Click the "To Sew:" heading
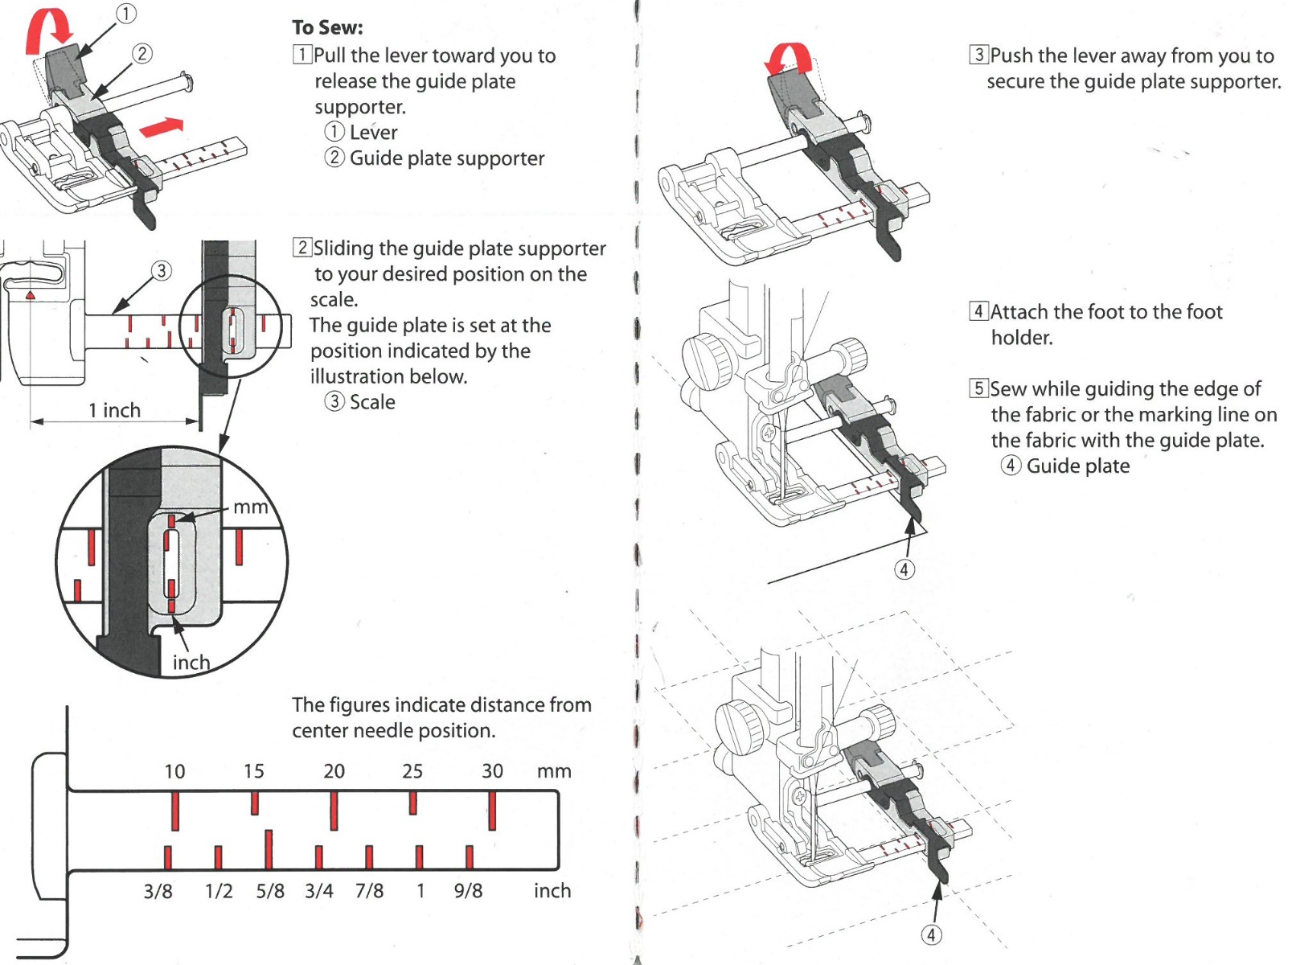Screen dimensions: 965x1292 [x=327, y=27]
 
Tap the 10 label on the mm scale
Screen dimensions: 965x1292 [x=174, y=771]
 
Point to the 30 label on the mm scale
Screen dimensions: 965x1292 [x=492, y=771]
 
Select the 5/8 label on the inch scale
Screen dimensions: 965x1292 [x=270, y=891]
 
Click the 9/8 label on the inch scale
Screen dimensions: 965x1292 [x=468, y=891]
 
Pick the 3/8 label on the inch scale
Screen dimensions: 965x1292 [x=158, y=891]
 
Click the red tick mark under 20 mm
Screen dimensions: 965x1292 [x=334, y=811]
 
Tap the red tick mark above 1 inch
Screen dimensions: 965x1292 [x=419, y=857]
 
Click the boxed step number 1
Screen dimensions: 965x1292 [x=302, y=55]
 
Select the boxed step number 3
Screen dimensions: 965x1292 [x=978, y=55]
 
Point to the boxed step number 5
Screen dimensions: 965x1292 [x=978, y=388]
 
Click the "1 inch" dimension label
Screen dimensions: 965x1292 [x=114, y=410]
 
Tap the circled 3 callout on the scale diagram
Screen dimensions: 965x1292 [x=162, y=270]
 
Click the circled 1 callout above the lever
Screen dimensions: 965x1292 [x=126, y=14]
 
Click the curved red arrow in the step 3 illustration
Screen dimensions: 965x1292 [x=788, y=59]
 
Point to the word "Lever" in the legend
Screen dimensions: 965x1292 [x=373, y=133]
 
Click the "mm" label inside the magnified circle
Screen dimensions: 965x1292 [x=250, y=507]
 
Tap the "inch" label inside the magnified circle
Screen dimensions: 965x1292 [x=191, y=662]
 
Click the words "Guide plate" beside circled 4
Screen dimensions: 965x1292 [x=1077, y=466]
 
